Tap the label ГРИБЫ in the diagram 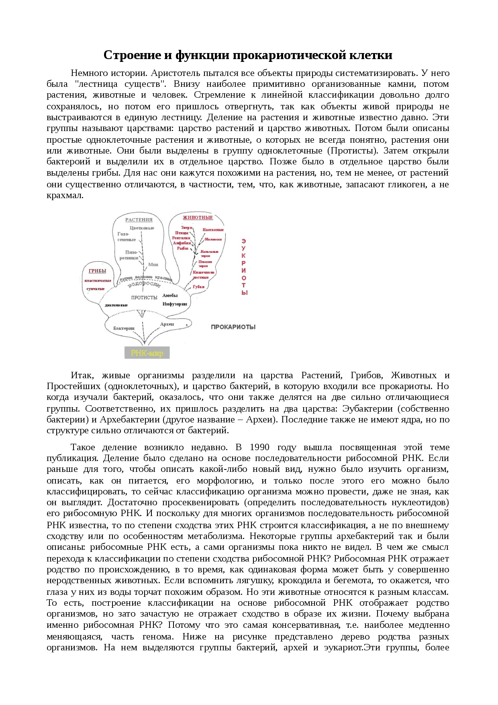98,271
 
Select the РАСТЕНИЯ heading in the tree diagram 139,220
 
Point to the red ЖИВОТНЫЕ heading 198,217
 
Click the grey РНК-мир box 147,353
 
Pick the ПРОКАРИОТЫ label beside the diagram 233,327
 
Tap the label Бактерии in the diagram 124,328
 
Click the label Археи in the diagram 167,324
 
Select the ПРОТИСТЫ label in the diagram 144,298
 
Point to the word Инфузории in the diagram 175,304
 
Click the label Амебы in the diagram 170,295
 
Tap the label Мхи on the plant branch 153,264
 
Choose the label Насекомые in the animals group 213,230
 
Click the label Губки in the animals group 199,287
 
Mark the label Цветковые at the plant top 142,228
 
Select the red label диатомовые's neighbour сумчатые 96,289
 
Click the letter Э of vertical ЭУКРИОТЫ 243,241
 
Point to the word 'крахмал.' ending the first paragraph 65,196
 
